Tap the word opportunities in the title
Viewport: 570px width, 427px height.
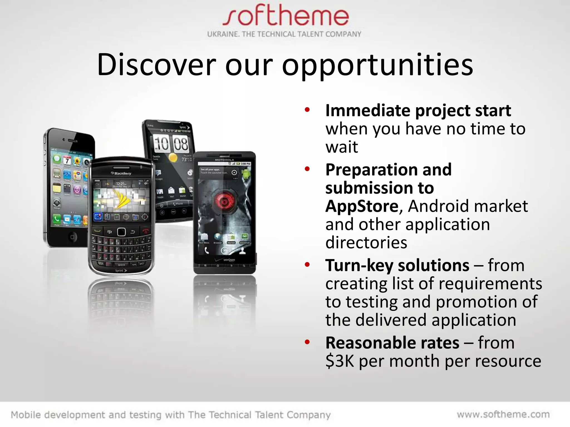click(x=377, y=65)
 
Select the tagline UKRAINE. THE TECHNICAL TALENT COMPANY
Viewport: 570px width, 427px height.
click(x=284, y=34)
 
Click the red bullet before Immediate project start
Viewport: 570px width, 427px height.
click(x=307, y=110)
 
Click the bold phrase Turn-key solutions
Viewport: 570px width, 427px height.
click(x=397, y=265)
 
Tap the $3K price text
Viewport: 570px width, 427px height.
click(x=340, y=361)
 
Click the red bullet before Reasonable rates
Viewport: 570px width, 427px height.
click(x=307, y=342)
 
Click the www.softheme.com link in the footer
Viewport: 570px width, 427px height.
click(x=503, y=414)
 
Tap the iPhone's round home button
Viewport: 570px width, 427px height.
click(x=72, y=237)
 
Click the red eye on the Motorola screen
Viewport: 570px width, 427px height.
click(x=224, y=202)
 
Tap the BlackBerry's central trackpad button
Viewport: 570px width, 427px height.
click(x=121, y=232)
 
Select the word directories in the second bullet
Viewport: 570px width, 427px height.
click(x=366, y=242)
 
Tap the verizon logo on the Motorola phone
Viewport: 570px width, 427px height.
click(x=229, y=260)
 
